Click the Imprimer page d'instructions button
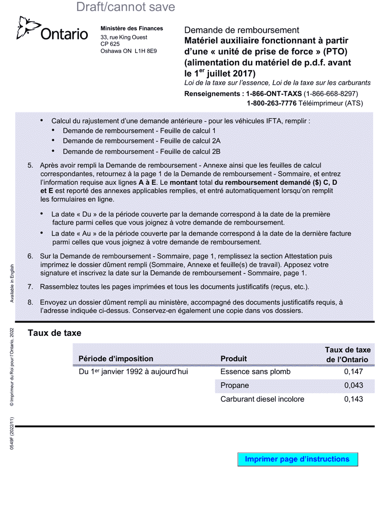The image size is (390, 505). coord(297,459)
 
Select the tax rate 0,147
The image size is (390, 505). coord(353,372)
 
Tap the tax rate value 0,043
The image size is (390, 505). coord(353,386)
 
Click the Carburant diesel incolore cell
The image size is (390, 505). coord(262,399)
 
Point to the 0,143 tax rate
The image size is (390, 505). coord(353,399)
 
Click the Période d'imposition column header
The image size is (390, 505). coord(116,358)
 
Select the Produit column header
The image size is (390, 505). coord(234,358)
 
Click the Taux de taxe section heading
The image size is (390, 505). coord(55,333)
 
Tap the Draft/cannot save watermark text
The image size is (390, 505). coord(126,7)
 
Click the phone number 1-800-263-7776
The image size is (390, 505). coord(271,103)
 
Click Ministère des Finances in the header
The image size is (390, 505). coord(132,28)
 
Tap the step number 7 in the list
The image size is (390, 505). coord(30,287)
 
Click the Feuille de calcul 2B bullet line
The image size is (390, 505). coord(142,151)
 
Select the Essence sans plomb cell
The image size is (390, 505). coord(255,372)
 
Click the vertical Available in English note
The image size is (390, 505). coord(12,283)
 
